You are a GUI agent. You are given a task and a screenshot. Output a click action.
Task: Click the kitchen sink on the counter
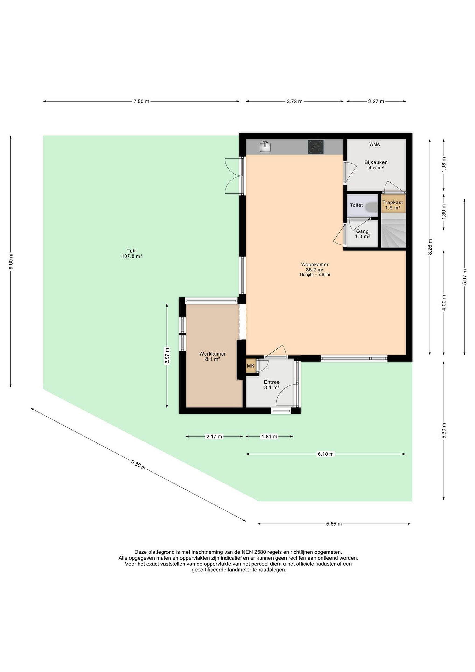click(265, 147)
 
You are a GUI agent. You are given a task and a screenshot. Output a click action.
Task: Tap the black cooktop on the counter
click(316, 147)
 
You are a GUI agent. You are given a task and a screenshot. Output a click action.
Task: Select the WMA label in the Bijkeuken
click(374, 144)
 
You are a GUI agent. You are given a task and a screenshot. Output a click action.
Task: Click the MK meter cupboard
click(251, 366)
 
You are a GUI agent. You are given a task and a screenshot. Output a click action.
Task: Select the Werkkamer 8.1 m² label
click(213, 357)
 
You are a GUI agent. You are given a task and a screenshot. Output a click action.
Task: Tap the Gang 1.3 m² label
click(362, 234)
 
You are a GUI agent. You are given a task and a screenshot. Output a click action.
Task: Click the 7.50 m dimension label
click(141, 101)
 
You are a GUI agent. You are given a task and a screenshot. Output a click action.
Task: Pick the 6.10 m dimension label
click(326, 454)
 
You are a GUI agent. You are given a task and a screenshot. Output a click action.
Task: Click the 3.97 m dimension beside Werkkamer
click(167, 356)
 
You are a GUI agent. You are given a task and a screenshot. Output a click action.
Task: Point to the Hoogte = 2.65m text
click(315, 275)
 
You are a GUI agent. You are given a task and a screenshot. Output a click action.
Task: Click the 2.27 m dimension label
click(376, 101)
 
